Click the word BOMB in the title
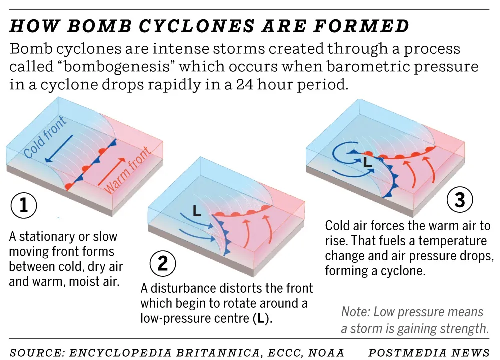(85, 26)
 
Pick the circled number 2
(163, 263)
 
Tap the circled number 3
(459, 200)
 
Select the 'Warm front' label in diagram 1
(128, 170)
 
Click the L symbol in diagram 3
(367, 162)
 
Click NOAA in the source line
(327, 353)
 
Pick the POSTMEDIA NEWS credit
(429, 353)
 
